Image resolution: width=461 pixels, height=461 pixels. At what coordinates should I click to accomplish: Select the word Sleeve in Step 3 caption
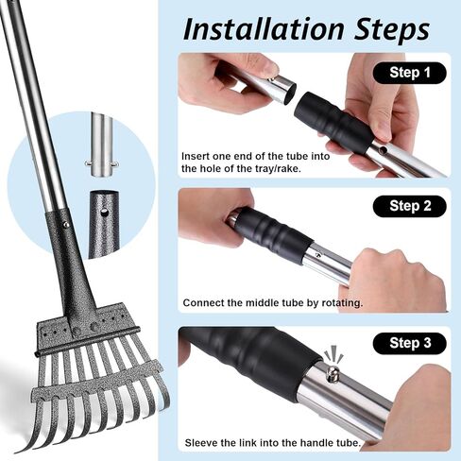click(201, 441)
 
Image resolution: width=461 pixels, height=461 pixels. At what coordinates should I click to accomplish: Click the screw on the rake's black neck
click(65, 225)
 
